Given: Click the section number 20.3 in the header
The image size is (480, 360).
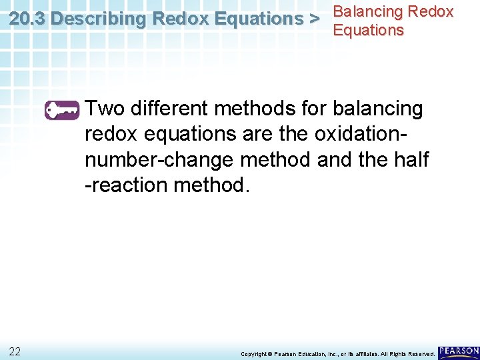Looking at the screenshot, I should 27,19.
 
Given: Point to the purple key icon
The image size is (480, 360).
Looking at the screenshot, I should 62,109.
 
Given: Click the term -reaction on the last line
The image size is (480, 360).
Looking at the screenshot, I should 126,185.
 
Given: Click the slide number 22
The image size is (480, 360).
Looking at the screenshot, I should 15,351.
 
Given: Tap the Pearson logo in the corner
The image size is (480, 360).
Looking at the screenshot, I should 459,351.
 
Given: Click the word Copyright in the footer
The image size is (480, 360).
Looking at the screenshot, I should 253,354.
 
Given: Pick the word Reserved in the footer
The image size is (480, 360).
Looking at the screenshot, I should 421,354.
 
